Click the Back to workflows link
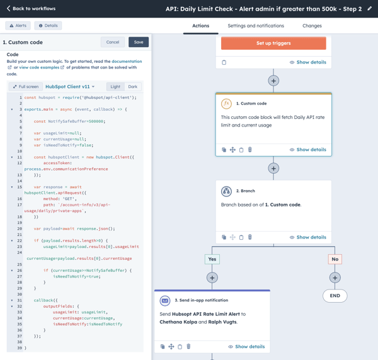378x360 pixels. (x=31, y=9)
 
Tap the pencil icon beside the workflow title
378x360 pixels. (x=369, y=9)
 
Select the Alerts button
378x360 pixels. (x=18, y=26)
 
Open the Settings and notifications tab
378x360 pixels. (x=256, y=26)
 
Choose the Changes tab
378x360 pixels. (x=312, y=26)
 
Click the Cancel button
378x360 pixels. (x=113, y=42)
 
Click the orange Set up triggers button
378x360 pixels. (x=273, y=43)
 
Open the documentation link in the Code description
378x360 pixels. (x=127, y=62)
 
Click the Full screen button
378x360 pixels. (x=26, y=87)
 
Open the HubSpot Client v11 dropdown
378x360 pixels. (x=70, y=87)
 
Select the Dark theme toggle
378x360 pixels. (x=132, y=87)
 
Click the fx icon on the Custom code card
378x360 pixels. (x=226, y=104)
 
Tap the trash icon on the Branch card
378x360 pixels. (x=250, y=237)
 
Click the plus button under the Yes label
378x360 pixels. (x=212, y=278)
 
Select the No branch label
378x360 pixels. (x=335, y=259)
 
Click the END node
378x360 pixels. (x=335, y=296)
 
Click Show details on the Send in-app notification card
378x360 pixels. (x=246, y=347)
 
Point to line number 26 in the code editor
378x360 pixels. (x=20, y=271)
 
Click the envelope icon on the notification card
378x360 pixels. (x=165, y=300)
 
